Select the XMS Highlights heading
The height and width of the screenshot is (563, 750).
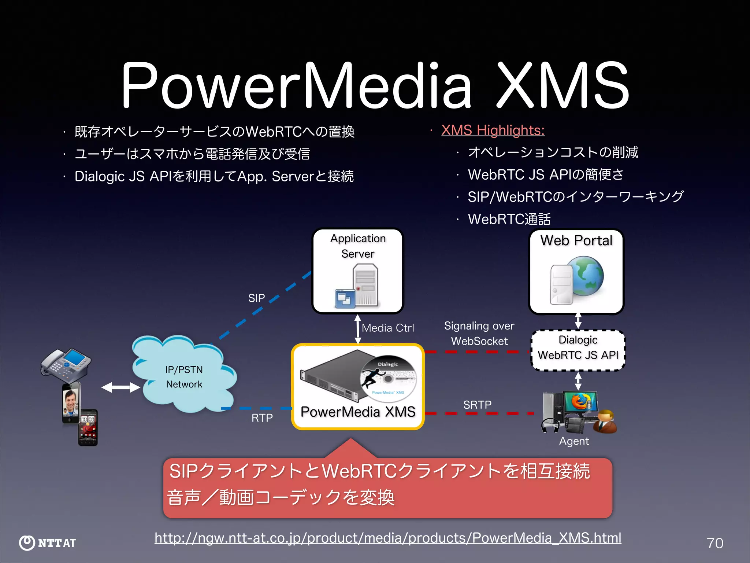point(493,130)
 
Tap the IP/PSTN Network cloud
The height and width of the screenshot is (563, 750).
point(184,377)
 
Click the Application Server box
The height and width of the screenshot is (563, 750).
point(358,271)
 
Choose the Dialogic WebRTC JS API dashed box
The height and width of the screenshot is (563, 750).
point(578,350)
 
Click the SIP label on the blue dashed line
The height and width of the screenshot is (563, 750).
point(256,298)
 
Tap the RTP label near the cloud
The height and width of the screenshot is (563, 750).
point(262,418)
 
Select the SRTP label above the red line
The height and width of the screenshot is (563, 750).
point(477,405)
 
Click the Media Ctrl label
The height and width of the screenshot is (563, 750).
point(388,328)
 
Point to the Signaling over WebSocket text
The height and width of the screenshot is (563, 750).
point(479,333)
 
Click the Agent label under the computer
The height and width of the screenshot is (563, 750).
point(574,441)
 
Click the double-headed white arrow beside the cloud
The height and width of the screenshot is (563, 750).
point(120,387)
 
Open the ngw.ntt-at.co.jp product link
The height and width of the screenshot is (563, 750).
point(387,538)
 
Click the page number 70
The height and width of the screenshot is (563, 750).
point(715,543)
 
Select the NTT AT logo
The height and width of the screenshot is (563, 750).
point(48,543)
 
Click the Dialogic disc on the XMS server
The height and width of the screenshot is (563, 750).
point(388,378)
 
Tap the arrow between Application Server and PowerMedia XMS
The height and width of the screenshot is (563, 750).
point(358,329)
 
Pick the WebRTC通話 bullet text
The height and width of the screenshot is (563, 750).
point(509,219)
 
